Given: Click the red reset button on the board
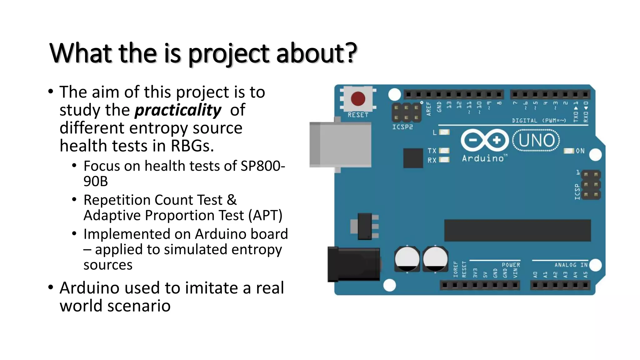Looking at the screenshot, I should tap(358, 99).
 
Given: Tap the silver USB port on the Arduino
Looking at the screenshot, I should tap(341, 145).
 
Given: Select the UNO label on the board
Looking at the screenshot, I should tap(536, 140).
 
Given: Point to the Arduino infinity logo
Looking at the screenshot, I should tap(485, 140).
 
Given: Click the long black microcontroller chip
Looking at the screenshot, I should tap(517, 230).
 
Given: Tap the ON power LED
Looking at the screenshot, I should tap(569, 151).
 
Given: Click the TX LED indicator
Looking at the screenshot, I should tap(444, 151).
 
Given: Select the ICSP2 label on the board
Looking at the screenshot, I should tap(402, 127).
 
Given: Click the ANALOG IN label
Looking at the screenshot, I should tap(571, 265).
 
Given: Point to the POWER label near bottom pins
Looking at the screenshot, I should tap(511, 265).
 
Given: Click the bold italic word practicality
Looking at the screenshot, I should tap(178, 110).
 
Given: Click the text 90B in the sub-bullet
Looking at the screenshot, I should tap(96, 181).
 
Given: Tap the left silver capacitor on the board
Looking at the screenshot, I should tap(407, 259).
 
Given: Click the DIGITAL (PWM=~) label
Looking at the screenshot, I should tap(539, 121).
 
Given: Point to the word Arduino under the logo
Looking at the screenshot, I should tap(483, 158).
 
